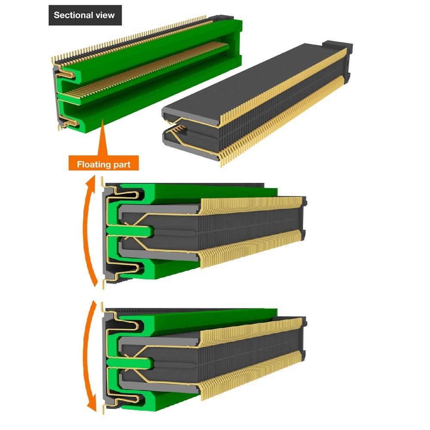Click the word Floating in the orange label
(x=92, y=164)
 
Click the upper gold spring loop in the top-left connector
(x=67, y=74)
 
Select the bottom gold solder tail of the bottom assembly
(x=103, y=408)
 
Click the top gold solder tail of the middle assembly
(x=102, y=181)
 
